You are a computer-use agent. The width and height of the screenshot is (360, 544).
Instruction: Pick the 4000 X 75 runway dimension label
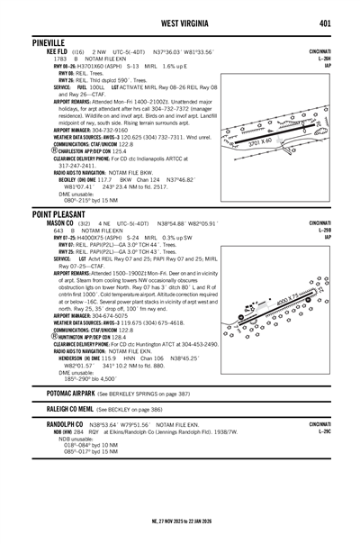point(291,300)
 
